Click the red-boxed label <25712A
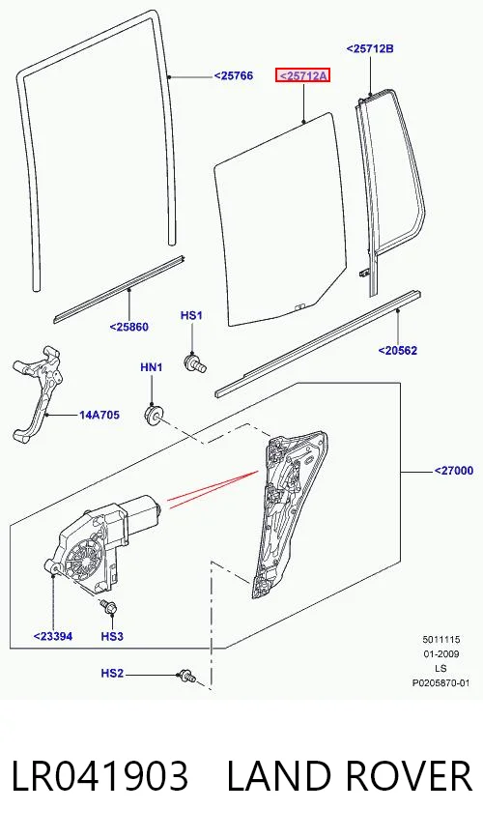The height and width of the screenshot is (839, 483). coord(302,76)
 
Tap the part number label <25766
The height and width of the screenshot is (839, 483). coord(234,76)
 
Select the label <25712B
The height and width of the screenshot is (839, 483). coord(370,48)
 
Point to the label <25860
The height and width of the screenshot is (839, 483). coord(128,327)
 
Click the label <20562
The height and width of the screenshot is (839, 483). coord(397,351)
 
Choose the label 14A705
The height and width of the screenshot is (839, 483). coord(99,415)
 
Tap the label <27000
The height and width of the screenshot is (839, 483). coord(454,471)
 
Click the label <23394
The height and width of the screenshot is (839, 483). coord(53,636)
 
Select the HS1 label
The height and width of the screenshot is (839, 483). coord(191,316)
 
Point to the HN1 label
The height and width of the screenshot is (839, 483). coord(152,367)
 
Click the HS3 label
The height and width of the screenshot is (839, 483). coord(112,636)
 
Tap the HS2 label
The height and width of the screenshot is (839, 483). coord(112,673)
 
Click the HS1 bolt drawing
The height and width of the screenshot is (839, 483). coord(195,363)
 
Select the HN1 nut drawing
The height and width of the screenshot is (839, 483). coord(154,414)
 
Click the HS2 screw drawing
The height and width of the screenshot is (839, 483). coord(187,677)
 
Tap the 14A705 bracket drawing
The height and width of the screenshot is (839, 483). coord(37,395)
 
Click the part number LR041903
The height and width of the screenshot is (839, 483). coord(100,776)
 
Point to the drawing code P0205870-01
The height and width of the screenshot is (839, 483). coord(440,682)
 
